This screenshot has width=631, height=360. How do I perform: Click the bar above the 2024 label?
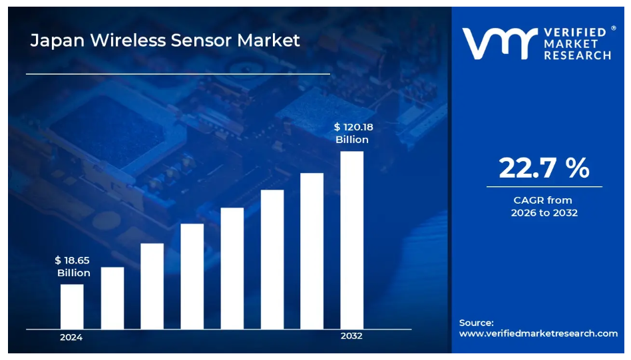click(x=72, y=306)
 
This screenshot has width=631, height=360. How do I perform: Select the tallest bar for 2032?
click(x=352, y=240)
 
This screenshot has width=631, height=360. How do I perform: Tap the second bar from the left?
click(x=112, y=297)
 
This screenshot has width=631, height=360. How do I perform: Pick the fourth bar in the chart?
click(x=192, y=276)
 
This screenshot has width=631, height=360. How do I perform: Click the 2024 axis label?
click(x=71, y=337)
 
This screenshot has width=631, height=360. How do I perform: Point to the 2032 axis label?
click(x=351, y=336)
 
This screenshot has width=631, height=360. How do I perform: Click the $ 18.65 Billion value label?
click(x=73, y=267)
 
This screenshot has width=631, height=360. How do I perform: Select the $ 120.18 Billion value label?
click(x=351, y=133)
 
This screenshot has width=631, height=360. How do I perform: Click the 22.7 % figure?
click(x=544, y=169)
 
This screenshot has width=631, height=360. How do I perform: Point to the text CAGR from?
click(x=542, y=200)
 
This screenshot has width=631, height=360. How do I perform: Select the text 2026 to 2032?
click(x=544, y=213)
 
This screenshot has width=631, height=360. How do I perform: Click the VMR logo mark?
click(x=499, y=43)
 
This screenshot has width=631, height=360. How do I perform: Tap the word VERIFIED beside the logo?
click(x=575, y=32)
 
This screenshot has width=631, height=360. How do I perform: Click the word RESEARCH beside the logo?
click(x=577, y=56)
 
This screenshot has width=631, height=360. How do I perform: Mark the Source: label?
click(x=477, y=323)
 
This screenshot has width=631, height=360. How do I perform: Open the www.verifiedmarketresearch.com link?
click(x=538, y=333)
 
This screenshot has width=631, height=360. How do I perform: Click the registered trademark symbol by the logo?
click(x=613, y=28)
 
